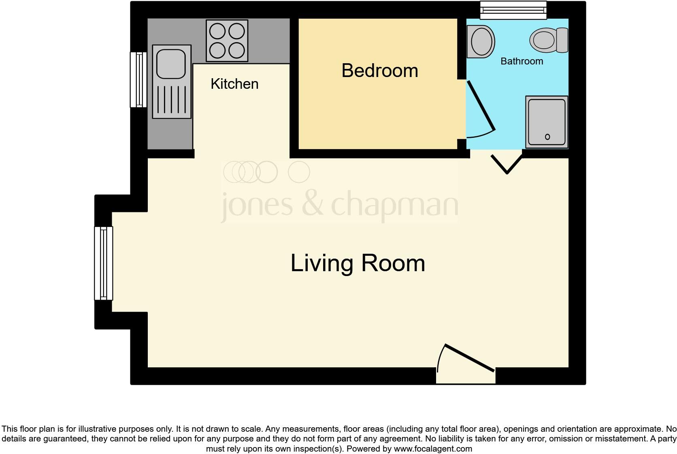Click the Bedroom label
379,71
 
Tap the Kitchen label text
234,84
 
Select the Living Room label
358,263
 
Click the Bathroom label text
522,61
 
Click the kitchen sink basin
171,64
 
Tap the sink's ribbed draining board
172,99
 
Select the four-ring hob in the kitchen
227,41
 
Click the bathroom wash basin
481,41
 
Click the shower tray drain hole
547,137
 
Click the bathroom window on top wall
513,10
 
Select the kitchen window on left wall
138,79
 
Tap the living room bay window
103,263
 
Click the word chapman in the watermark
395,205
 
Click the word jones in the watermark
256,205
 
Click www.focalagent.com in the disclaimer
433,449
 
